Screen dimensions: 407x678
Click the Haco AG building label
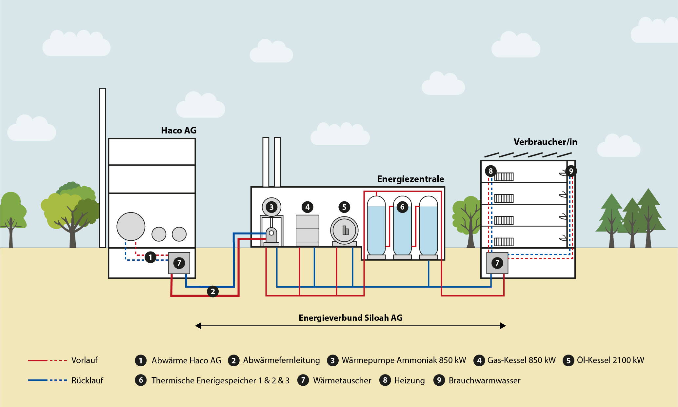[x=178, y=131]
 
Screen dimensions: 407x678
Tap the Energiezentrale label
[x=410, y=179]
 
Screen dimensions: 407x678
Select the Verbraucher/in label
[x=545, y=142]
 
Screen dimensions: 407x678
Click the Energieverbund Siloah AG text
[x=350, y=318]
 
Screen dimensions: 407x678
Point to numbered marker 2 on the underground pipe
[x=213, y=291]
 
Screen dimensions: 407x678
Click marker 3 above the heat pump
[x=271, y=207]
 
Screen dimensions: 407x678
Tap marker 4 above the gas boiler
[x=307, y=207]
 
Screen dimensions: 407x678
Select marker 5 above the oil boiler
[x=344, y=207]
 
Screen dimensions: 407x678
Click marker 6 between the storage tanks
[x=402, y=207]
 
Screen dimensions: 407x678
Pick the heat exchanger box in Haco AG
[x=179, y=263]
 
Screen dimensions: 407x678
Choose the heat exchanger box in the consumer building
[x=497, y=263]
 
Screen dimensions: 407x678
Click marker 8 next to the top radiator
[x=490, y=171]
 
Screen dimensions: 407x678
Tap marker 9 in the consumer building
[x=571, y=171]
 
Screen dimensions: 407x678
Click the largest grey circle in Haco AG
[x=131, y=226]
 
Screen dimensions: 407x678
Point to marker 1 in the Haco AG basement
[x=150, y=257]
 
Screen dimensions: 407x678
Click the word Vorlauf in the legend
[x=85, y=360]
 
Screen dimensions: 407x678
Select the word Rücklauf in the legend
[x=87, y=380]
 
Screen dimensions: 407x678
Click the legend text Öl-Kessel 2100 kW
[x=610, y=360]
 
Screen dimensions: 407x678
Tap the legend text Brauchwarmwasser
[x=484, y=380]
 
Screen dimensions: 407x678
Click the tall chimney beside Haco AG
[x=103, y=167]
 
